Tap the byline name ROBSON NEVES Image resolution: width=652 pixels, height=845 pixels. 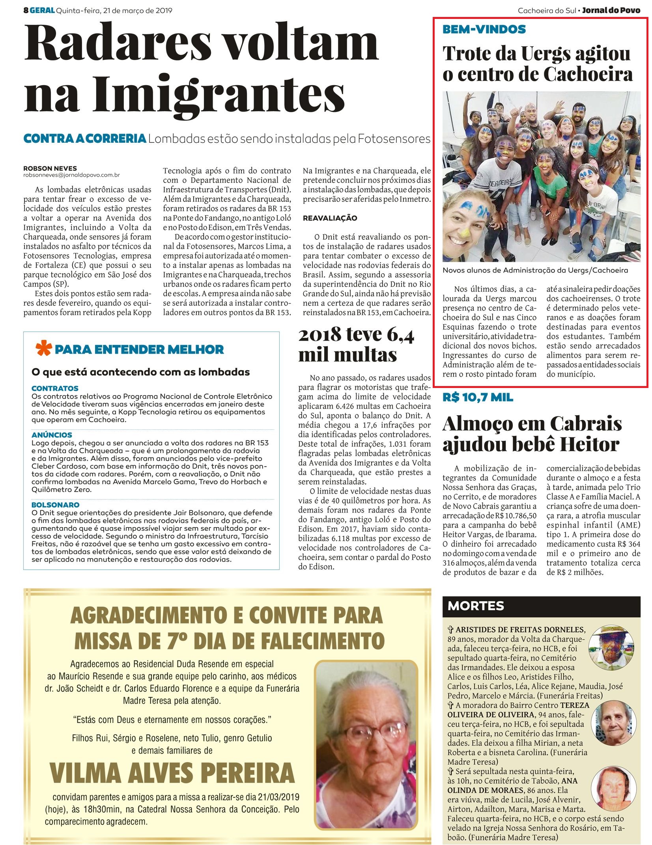tap(50, 168)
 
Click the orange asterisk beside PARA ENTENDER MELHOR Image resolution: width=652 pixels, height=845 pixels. tap(43, 349)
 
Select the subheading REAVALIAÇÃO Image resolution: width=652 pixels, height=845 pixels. tap(330, 218)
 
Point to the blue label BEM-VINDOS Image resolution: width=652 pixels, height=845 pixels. tap(484, 29)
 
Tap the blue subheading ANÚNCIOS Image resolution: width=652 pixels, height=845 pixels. tap(52, 435)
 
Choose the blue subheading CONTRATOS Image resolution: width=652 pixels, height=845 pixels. tap(55, 388)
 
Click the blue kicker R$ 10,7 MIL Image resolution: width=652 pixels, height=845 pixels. tap(478, 397)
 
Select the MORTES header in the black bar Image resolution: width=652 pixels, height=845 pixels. tap(476, 606)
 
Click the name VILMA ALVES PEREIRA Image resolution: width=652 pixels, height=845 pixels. tap(172, 773)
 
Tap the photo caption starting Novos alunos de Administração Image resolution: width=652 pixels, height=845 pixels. tap(535, 270)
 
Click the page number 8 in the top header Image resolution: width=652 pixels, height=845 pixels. tap(26, 11)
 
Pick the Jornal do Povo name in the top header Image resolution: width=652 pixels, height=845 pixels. tap(611, 11)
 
